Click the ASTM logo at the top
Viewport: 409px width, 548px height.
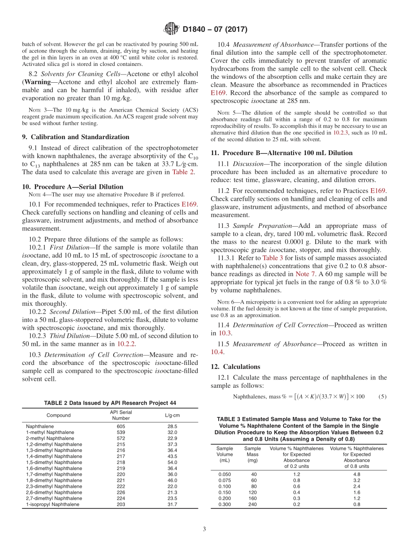click(171, 29)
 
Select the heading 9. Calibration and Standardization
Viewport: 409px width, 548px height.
click(75, 137)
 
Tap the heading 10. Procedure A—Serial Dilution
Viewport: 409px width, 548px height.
click(72, 187)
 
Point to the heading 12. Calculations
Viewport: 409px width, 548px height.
click(235, 367)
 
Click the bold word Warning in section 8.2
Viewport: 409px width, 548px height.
click(37, 82)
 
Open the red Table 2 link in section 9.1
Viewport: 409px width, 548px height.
click(183, 172)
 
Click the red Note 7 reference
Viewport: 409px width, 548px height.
click(306, 274)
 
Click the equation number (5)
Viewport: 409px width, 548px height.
click(382, 396)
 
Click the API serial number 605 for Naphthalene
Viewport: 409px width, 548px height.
click(121, 426)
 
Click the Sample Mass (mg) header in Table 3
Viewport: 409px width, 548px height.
click(252, 454)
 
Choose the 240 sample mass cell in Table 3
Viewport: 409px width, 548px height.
click(252, 504)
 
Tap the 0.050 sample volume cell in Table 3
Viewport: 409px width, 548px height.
click(224, 474)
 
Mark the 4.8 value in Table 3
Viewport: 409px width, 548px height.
click(356, 474)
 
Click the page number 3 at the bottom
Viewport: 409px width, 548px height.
click(204, 529)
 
